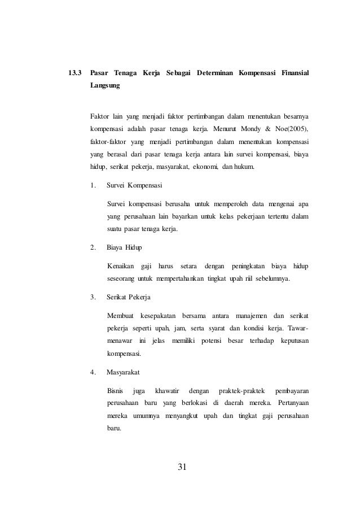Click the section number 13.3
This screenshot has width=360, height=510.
click(x=74, y=73)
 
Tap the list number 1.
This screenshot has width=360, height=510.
click(x=93, y=185)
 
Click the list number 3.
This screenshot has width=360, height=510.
click(x=93, y=297)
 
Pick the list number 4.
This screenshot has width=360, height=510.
click(x=93, y=372)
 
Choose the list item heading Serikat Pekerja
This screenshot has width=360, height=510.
click(x=129, y=297)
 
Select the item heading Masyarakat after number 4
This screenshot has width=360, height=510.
click(x=124, y=372)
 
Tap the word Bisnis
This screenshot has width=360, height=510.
click(x=115, y=391)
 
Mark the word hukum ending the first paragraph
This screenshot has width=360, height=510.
click(x=244, y=167)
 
